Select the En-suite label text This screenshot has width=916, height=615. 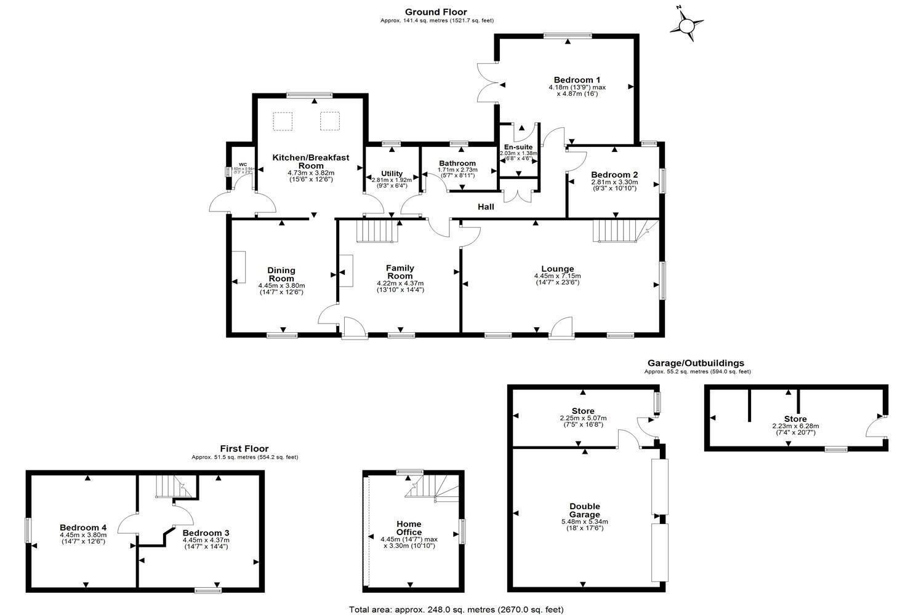[518, 148]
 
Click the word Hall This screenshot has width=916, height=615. [486, 207]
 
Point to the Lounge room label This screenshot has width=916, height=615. [557, 269]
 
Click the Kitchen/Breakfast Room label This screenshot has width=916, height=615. [310, 161]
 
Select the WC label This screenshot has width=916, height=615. [243, 165]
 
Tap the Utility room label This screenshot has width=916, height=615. [392, 173]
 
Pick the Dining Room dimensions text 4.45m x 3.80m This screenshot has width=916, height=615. [281, 285]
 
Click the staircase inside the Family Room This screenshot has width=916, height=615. [376, 232]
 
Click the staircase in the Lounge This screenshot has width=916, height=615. [614, 231]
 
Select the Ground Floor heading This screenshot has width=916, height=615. [436, 12]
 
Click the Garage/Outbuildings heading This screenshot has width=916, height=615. [696, 363]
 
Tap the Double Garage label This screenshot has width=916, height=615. [584, 510]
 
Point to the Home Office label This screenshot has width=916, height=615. [409, 528]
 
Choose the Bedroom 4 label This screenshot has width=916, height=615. [83, 528]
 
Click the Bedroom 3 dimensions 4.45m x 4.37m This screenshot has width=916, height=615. [206, 540]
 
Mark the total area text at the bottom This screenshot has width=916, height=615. [456, 609]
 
